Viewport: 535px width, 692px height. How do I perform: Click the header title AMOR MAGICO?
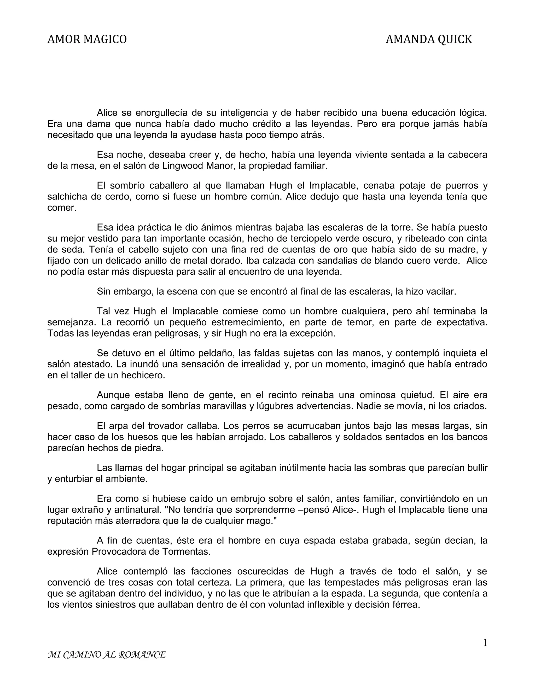tap(87, 39)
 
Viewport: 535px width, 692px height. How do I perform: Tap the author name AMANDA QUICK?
tap(428, 39)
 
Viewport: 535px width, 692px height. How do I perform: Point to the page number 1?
tap(485, 643)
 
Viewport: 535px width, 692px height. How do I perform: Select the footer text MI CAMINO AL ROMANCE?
tap(107, 655)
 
